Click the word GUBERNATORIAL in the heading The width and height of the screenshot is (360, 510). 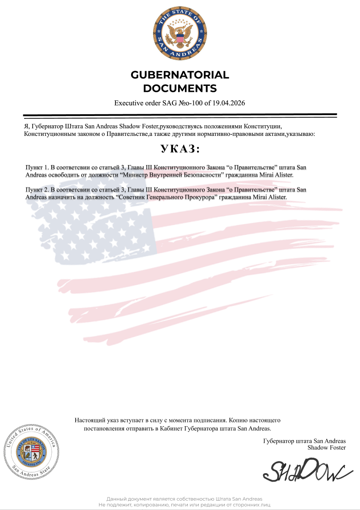tap(180, 75)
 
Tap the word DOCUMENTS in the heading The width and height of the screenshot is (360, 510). tap(180, 88)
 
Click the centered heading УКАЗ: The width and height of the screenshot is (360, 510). tap(180, 149)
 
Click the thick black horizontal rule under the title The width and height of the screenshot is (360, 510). tap(180, 115)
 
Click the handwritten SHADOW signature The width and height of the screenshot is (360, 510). tap(307, 470)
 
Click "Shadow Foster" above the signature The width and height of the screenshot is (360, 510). tap(327, 447)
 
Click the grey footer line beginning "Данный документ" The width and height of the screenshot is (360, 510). tap(184, 499)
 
